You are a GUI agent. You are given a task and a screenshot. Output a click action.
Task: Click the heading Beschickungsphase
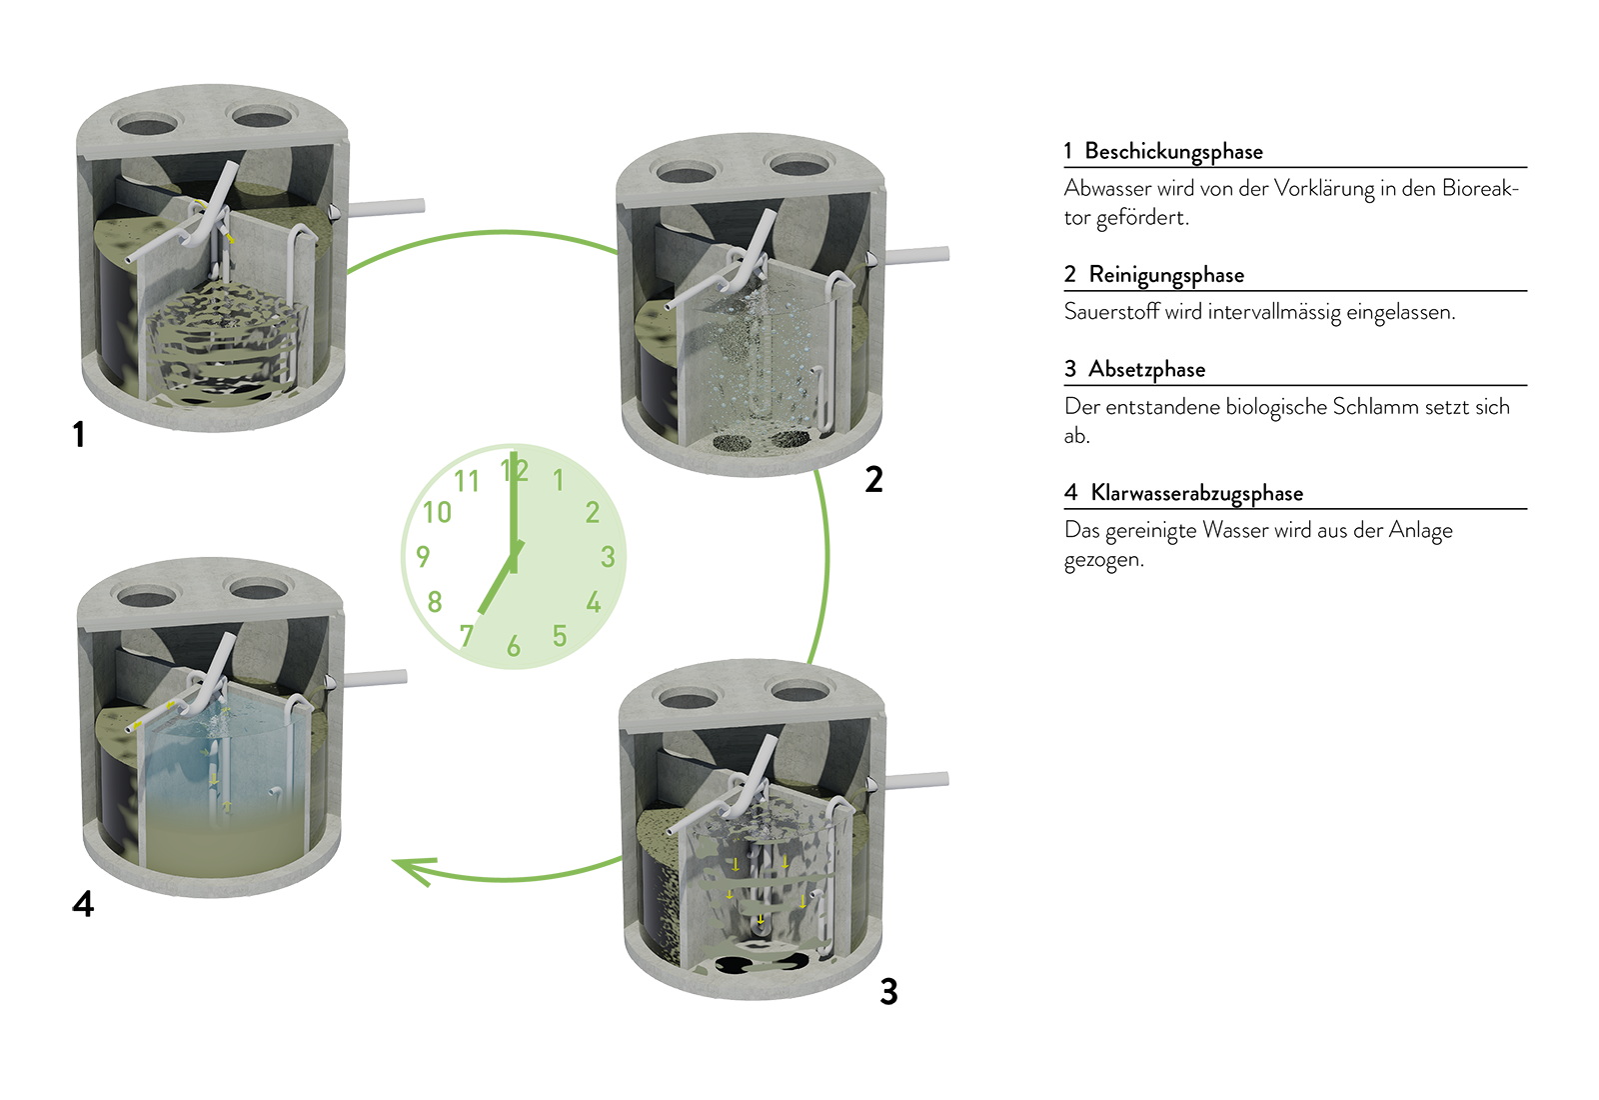click(1173, 151)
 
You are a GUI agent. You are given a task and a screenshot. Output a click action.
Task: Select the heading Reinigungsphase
click(1166, 275)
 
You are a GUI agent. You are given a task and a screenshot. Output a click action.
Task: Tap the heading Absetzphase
click(1146, 369)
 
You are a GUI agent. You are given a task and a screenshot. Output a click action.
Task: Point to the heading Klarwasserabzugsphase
click(1197, 493)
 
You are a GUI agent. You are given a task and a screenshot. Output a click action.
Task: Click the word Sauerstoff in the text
click(1111, 312)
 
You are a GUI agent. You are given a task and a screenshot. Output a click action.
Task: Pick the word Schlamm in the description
click(1375, 406)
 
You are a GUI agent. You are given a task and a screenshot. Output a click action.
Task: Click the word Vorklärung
click(1323, 189)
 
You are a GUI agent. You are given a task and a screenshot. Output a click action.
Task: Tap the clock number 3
click(608, 556)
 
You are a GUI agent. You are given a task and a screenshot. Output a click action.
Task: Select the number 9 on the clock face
click(423, 556)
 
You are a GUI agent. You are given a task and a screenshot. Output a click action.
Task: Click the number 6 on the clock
click(514, 646)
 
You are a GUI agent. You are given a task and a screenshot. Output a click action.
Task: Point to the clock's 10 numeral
click(437, 512)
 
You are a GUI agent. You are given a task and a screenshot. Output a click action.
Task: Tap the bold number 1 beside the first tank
click(79, 434)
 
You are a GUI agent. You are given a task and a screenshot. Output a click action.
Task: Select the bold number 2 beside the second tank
click(873, 479)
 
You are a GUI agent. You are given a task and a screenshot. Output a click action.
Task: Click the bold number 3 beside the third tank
click(888, 991)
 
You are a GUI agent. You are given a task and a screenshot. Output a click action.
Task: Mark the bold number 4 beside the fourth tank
click(83, 904)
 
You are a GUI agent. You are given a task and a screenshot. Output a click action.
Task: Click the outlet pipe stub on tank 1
click(386, 208)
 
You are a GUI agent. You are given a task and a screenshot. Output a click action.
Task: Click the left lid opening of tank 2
click(686, 172)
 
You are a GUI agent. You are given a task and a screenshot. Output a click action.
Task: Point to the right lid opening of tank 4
click(259, 590)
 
